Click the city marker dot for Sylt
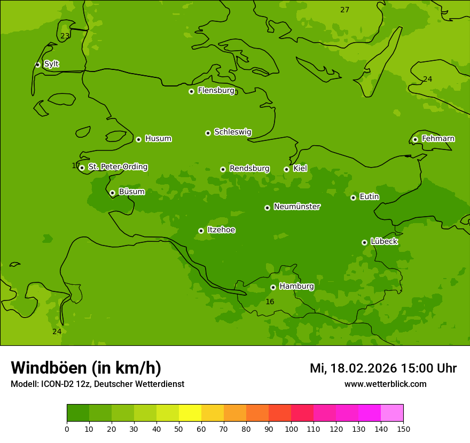point(37,65)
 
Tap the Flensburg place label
point(216,91)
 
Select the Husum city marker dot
point(138,139)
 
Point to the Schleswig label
point(232,132)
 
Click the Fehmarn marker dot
point(415,139)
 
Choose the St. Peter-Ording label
point(117,167)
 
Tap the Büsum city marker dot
point(112,193)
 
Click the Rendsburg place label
point(249,169)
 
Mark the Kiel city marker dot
point(286,169)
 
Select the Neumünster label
point(297,207)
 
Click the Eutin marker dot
point(353,197)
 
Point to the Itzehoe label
point(221,230)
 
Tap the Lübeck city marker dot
point(364,242)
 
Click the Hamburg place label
point(296,287)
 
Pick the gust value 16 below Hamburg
point(270,302)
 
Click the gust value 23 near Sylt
point(65,36)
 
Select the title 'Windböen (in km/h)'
point(86,368)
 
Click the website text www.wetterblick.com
point(385,384)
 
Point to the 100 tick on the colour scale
point(291,429)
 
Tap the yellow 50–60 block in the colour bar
point(190,413)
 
